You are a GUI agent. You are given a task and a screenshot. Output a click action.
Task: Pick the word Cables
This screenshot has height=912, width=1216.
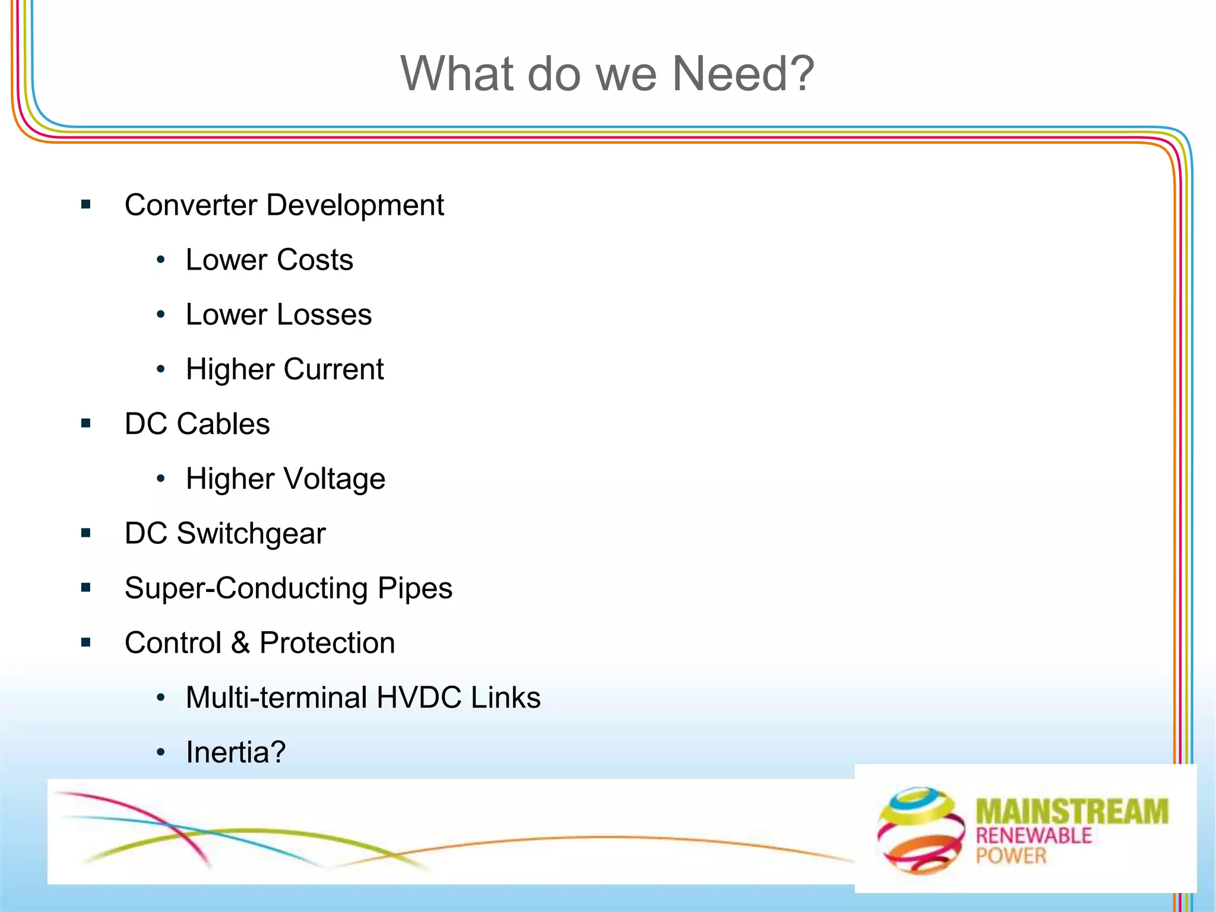coord(223,424)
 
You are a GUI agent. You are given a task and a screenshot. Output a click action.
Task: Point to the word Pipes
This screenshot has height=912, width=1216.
coord(415,588)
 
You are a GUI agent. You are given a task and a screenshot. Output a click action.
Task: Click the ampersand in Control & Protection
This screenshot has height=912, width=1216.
coord(240,643)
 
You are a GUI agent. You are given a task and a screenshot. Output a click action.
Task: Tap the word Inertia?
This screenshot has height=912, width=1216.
coord(236,752)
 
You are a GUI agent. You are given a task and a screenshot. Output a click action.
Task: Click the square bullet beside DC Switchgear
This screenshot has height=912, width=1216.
coord(87,533)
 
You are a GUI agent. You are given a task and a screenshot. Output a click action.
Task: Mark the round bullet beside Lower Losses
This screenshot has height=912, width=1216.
coord(160,315)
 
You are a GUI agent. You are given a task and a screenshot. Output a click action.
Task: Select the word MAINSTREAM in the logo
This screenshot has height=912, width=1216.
coord(1072,812)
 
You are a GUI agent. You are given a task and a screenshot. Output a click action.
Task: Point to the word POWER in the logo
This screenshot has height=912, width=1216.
coord(1011,856)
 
